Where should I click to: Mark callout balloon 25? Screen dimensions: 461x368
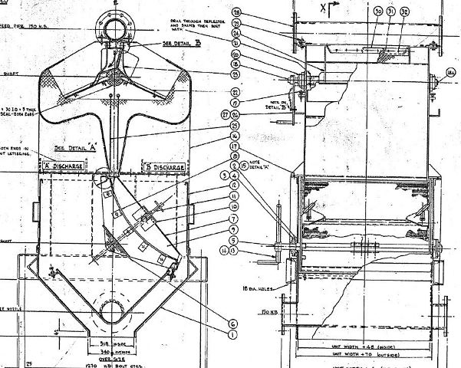click(235, 126)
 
